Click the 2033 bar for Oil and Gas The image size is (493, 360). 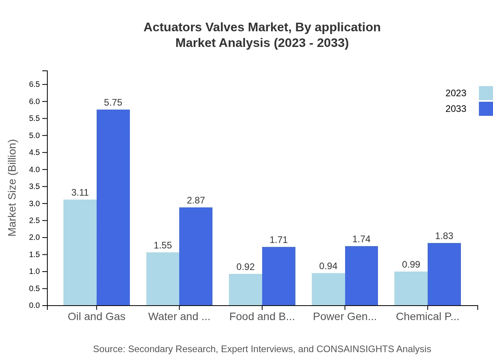pyautogui.click(x=113, y=207)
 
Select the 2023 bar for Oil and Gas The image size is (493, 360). pyautogui.click(x=80, y=252)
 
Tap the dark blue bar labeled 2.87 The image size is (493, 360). pyautogui.click(x=196, y=256)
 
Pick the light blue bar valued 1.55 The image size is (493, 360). pyautogui.click(x=163, y=279)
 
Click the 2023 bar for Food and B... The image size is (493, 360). pyautogui.click(x=245, y=290)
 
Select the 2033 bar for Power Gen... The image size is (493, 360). pyautogui.click(x=362, y=275)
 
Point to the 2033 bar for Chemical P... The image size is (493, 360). pyautogui.click(x=444, y=274)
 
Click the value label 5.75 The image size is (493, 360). pyautogui.click(x=113, y=103)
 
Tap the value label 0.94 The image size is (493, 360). pyautogui.click(x=328, y=266)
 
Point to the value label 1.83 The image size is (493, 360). pyautogui.click(x=444, y=236)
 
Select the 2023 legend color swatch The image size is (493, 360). pyautogui.click(x=486, y=93)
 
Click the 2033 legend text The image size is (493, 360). pyautogui.click(x=456, y=109)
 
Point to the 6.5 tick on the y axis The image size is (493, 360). pyautogui.click(x=34, y=85)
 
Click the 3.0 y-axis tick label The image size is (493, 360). pyautogui.click(x=34, y=203)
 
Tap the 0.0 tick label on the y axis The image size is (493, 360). pyautogui.click(x=34, y=306)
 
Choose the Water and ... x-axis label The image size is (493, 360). pyautogui.click(x=179, y=317)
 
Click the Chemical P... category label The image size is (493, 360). pyautogui.click(x=427, y=317)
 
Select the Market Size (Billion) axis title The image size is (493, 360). pyautogui.click(x=13, y=188)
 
